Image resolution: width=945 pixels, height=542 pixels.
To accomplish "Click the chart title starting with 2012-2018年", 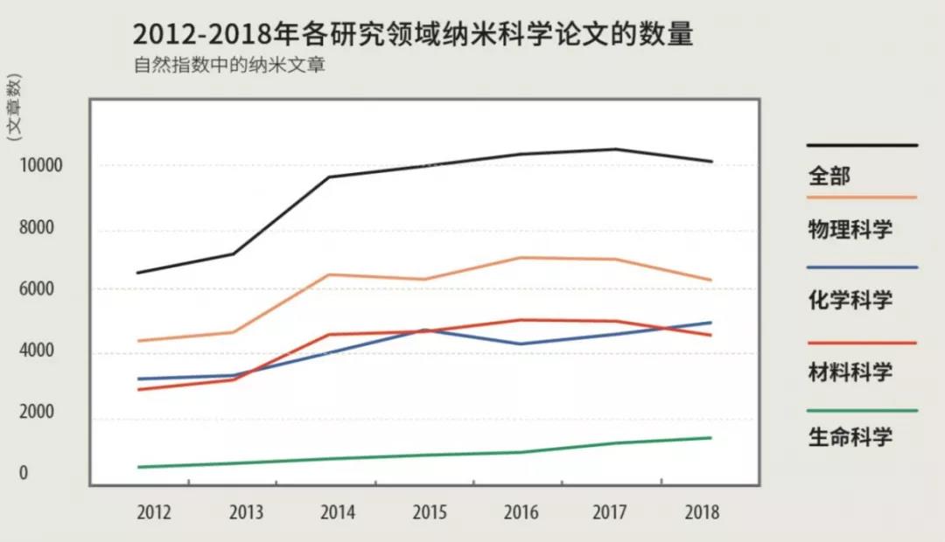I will pyautogui.click(x=413, y=35).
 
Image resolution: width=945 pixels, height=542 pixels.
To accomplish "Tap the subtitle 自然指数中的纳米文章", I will pyautogui.click(x=229, y=66).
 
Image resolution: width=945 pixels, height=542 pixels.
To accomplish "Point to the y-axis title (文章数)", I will pyautogui.click(x=14, y=108).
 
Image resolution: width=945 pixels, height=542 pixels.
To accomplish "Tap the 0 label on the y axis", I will pyautogui.click(x=24, y=473).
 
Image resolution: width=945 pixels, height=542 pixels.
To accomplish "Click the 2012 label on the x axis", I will pyautogui.click(x=154, y=513).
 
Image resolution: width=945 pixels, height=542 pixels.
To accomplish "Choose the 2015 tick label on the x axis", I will pyautogui.click(x=430, y=513).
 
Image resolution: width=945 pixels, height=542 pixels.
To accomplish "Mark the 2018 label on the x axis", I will pyautogui.click(x=702, y=513).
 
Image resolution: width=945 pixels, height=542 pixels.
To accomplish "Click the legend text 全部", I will pyautogui.click(x=829, y=176).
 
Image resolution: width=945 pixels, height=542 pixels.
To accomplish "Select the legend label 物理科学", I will pyautogui.click(x=850, y=230).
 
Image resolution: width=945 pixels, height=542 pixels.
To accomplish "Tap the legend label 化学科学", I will pyautogui.click(x=850, y=301).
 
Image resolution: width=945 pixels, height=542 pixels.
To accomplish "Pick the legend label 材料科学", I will pyautogui.click(x=850, y=372).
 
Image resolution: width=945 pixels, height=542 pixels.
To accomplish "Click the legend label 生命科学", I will pyautogui.click(x=850, y=436).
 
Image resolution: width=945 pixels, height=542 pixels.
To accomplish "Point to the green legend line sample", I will pyautogui.click(x=862, y=410).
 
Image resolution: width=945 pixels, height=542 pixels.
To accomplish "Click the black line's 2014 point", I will pyautogui.click(x=329, y=177).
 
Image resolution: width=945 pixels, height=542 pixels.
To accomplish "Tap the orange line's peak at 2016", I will pyautogui.click(x=521, y=258).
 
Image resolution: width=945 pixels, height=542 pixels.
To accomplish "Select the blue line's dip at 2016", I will pyautogui.click(x=521, y=344).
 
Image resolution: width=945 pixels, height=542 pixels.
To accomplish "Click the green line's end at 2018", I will pyautogui.click(x=710, y=438).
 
